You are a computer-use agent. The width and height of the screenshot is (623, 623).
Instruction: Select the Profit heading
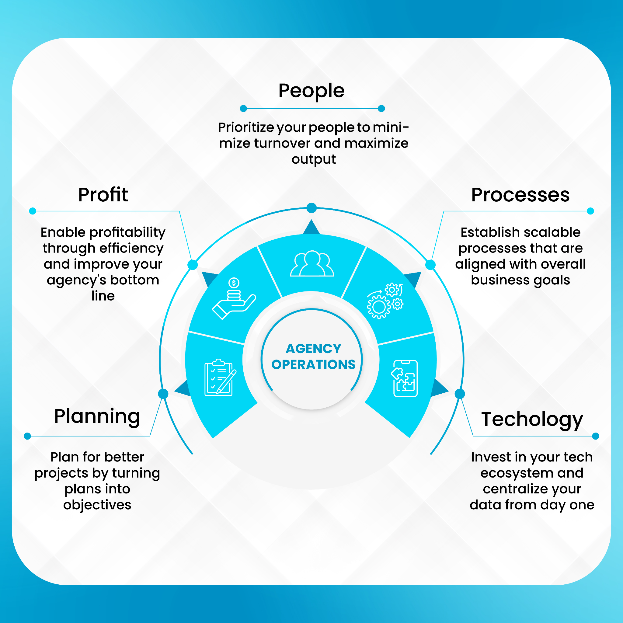click(103, 194)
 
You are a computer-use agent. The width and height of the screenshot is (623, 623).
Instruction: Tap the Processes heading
click(520, 195)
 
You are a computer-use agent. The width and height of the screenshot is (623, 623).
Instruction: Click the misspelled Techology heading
click(532, 420)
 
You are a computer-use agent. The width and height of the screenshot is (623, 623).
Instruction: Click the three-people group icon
click(312, 263)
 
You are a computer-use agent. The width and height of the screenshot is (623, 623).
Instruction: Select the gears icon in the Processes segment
click(385, 301)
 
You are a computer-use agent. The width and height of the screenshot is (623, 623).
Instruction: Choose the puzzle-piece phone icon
click(404, 378)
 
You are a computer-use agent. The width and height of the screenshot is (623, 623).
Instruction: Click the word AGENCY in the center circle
click(313, 349)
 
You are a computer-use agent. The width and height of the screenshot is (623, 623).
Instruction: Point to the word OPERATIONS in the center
click(313, 364)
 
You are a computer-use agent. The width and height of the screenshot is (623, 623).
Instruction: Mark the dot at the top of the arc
click(311, 208)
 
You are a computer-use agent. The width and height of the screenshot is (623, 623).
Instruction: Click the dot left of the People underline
click(243, 109)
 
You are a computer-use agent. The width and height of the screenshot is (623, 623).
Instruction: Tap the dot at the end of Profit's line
click(33, 211)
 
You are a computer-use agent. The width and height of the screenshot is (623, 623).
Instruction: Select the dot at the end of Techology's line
click(596, 436)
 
